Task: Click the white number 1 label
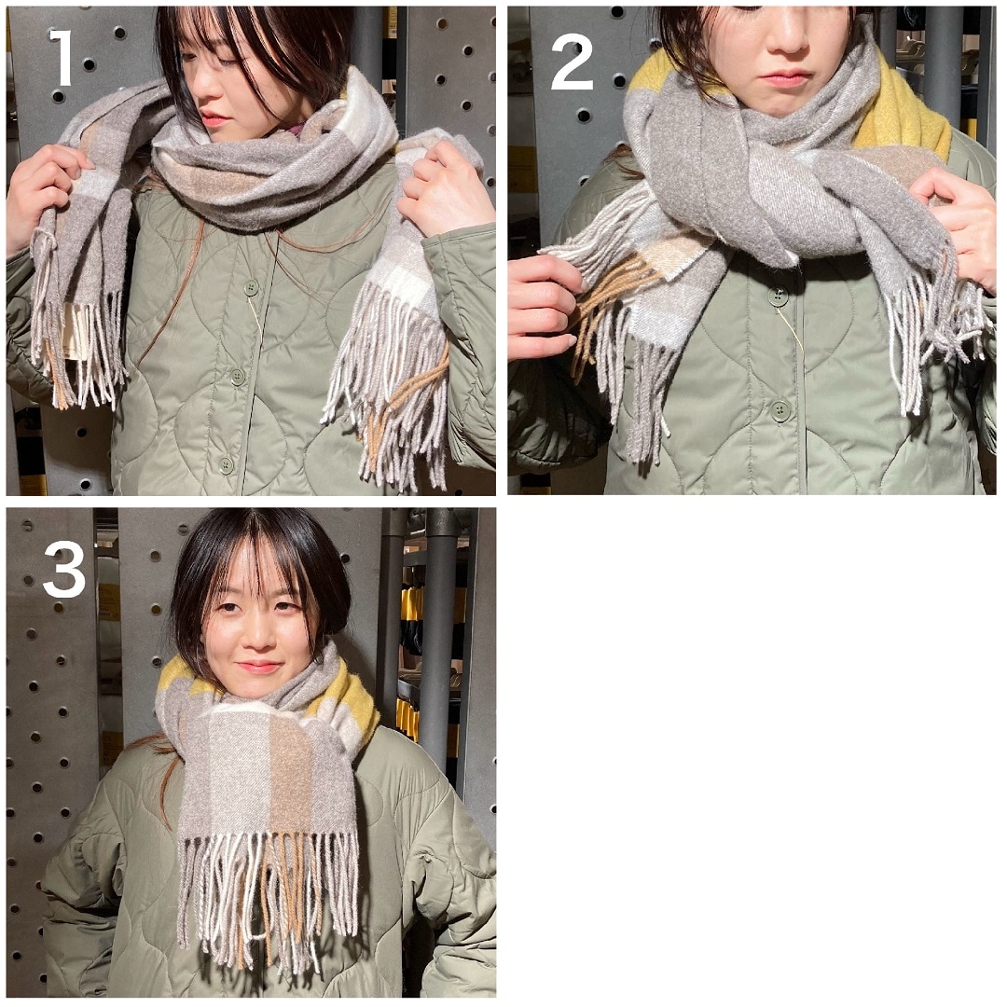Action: tap(62, 57)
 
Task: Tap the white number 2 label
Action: tap(572, 62)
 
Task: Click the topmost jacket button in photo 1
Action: tap(251, 288)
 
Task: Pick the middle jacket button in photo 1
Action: tap(238, 377)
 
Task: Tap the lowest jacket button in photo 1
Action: tap(226, 465)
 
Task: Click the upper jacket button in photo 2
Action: tap(777, 297)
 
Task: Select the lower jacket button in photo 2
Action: tap(780, 410)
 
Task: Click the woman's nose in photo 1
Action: tap(202, 87)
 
